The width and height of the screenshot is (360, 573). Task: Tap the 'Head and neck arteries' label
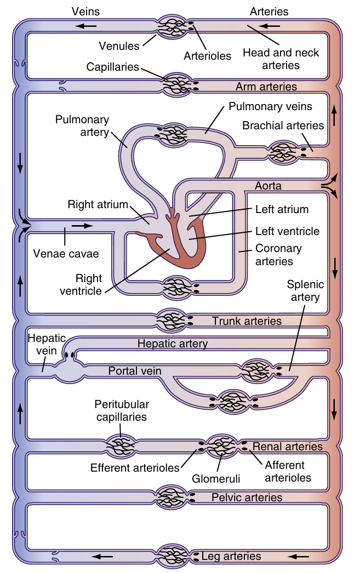(281, 59)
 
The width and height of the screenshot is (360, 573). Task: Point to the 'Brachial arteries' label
(283, 125)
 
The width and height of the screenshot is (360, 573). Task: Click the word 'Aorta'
(268, 186)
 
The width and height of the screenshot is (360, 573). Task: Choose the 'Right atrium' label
(98, 204)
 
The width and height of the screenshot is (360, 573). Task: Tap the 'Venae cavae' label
(66, 254)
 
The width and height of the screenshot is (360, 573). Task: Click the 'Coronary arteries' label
(278, 255)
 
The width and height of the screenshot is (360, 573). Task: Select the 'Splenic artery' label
(305, 291)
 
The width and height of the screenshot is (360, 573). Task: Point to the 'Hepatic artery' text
(172, 344)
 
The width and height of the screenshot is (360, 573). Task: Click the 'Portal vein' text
(134, 371)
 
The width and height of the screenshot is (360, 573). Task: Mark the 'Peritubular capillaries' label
(121, 411)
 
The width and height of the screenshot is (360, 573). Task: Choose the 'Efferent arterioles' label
(135, 468)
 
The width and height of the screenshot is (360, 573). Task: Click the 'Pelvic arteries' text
(247, 497)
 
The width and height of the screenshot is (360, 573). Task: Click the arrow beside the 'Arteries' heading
(270, 25)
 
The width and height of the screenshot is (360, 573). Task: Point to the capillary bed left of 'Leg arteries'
(173, 555)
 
